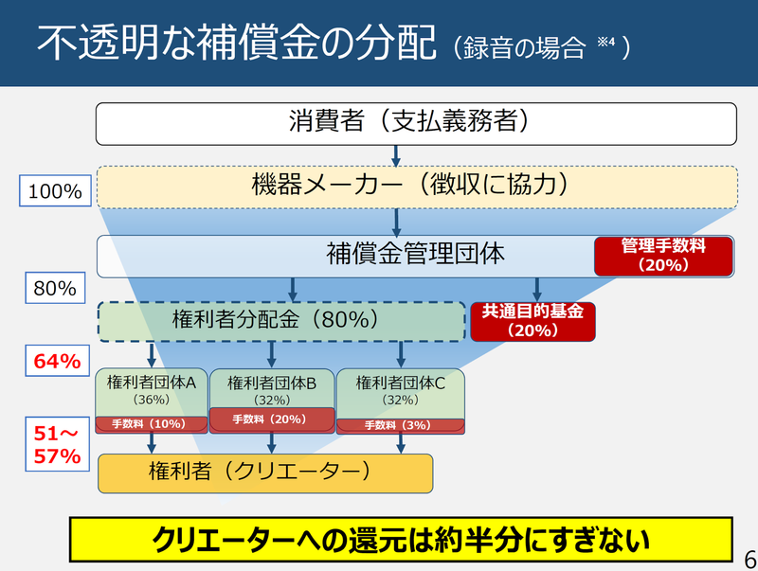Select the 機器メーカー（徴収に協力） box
pyautogui.click(x=417, y=187)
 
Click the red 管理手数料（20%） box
pyautogui.click(x=663, y=256)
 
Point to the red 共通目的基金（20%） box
pyautogui.click(x=532, y=321)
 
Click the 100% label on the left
pyautogui.click(x=55, y=192)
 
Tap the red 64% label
pyautogui.click(x=55, y=361)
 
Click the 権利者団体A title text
pyautogui.click(x=152, y=383)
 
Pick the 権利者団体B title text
pyautogui.click(x=272, y=383)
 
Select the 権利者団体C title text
pyautogui.click(x=400, y=383)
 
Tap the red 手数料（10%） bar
pyautogui.click(x=151, y=423)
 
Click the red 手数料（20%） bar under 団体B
pyautogui.click(x=272, y=419)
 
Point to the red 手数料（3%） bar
pyautogui.click(x=400, y=425)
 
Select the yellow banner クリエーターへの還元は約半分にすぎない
pyautogui.click(x=402, y=540)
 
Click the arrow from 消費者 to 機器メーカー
pyautogui.click(x=396, y=154)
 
